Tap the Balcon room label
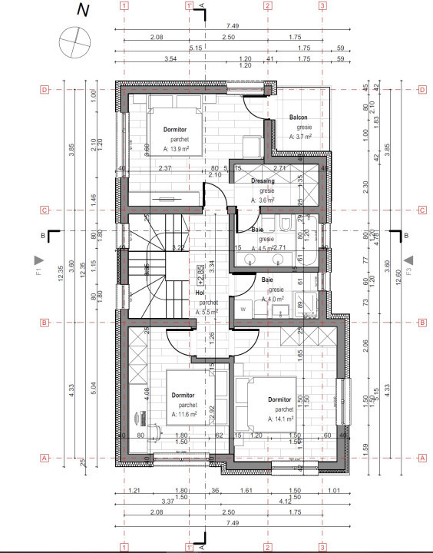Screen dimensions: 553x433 click(x=299, y=118)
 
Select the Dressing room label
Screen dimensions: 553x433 click(x=263, y=181)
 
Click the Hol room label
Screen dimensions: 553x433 click(x=200, y=293)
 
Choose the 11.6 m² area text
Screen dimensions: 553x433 click(x=185, y=414)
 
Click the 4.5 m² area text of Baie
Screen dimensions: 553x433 click(x=266, y=247)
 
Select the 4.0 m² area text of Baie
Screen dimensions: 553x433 click(x=272, y=299)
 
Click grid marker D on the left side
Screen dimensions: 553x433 click(x=45, y=90)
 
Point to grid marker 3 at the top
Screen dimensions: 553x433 click(x=323, y=5)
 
